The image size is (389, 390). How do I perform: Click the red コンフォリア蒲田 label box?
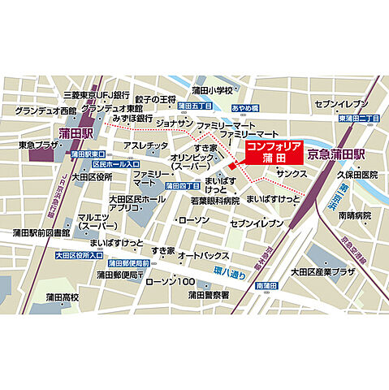pyautogui.click(x=274, y=152)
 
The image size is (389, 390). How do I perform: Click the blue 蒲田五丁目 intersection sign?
pyautogui.click(x=194, y=106)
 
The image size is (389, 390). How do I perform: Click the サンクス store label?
pyautogui.click(x=292, y=174)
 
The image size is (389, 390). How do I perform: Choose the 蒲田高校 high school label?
pyautogui.click(x=62, y=297)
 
